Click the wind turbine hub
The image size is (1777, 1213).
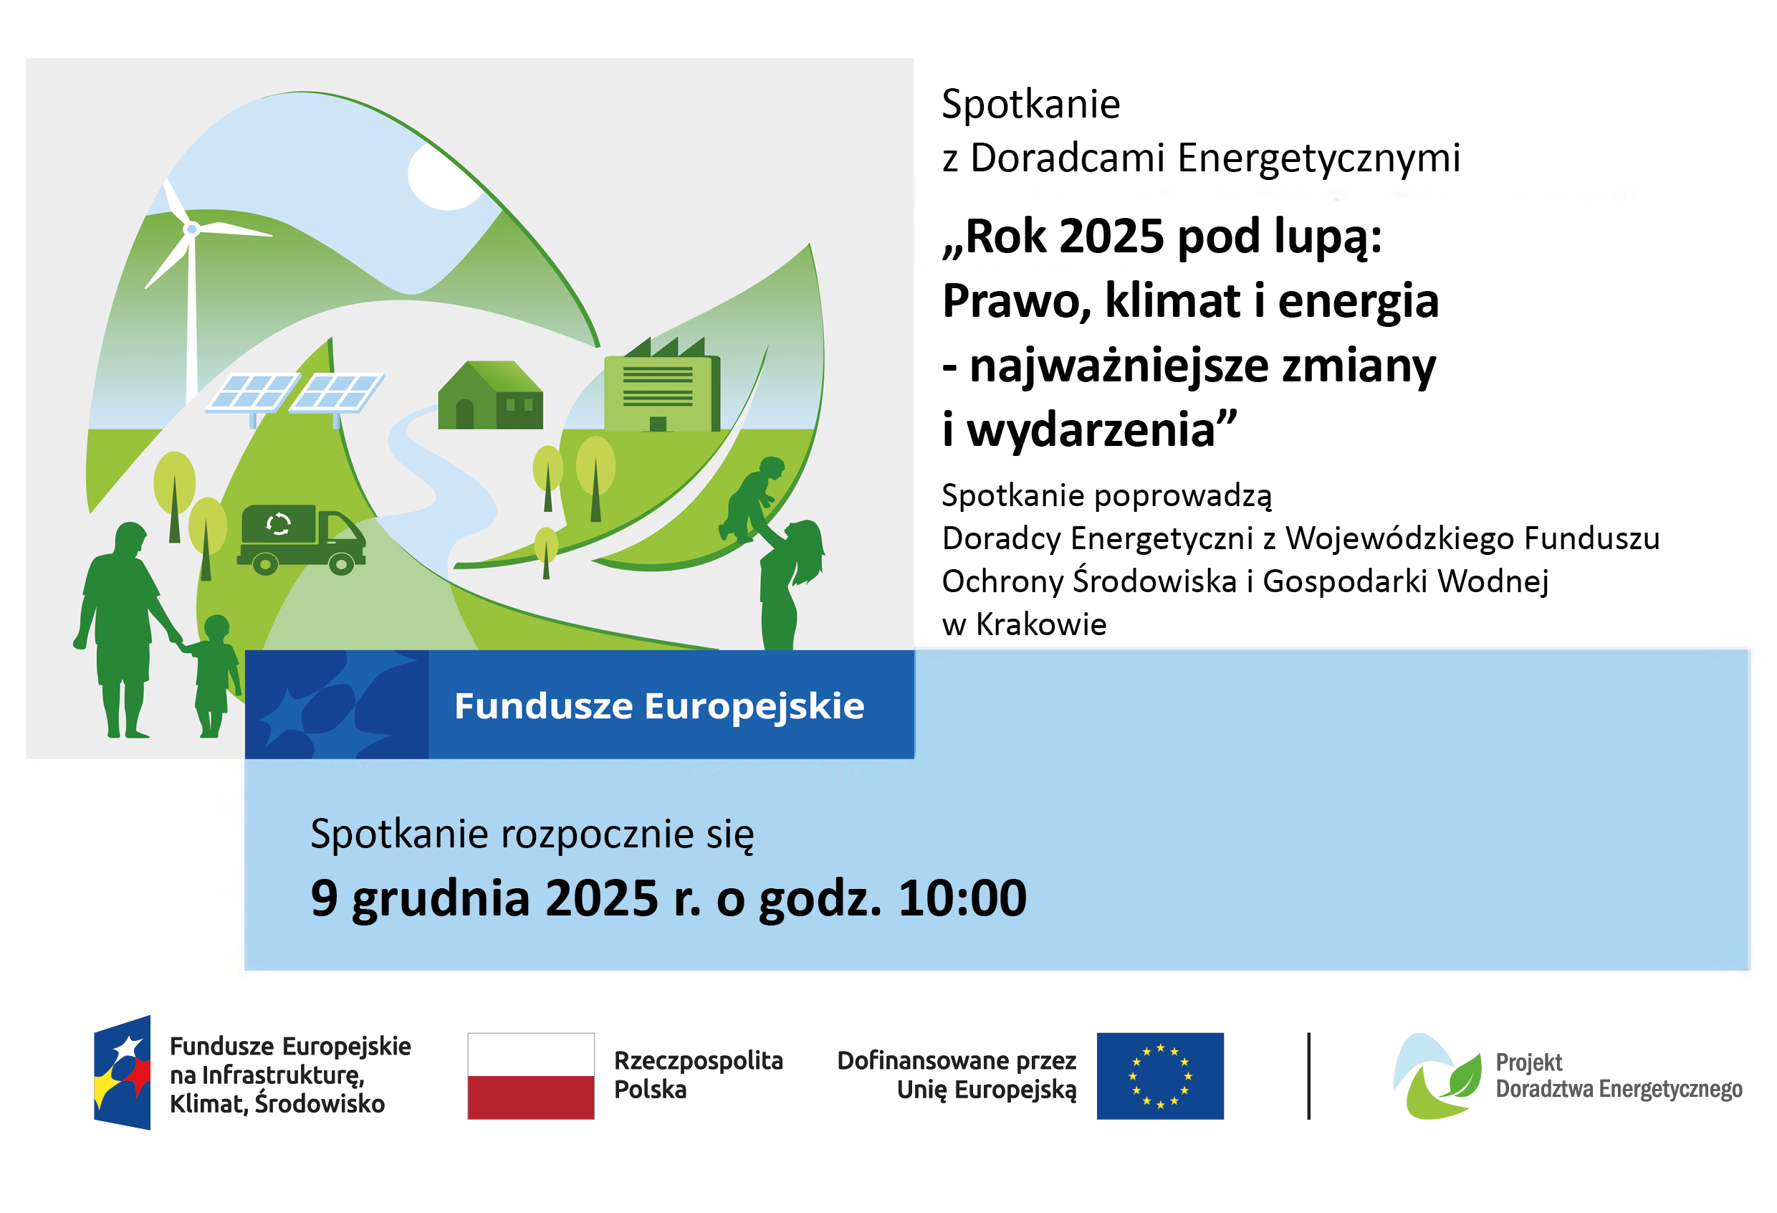click(x=192, y=229)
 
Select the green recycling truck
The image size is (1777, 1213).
click(x=301, y=538)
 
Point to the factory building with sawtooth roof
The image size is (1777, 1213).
click(x=662, y=385)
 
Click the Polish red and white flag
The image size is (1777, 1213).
click(x=531, y=1076)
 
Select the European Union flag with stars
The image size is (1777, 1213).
click(x=1160, y=1076)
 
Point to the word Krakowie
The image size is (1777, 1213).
click(x=1040, y=625)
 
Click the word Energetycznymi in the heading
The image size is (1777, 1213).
click(x=1318, y=159)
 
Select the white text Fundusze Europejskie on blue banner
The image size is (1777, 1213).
click(x=659, y=706)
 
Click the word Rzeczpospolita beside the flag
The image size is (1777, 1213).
click(x=698, y=1062)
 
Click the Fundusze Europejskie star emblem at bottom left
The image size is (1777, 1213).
click(x=123, y=1072)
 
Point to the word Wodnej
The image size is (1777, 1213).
click(x=1493, y=582)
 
